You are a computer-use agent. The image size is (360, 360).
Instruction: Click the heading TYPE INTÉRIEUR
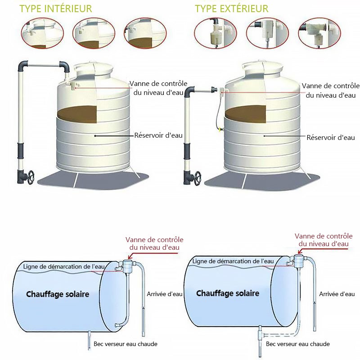tap(56, 9)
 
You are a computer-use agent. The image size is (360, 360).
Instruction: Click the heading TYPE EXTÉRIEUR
tap(231, 9)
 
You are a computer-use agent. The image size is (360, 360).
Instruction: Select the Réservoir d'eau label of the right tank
tap(331, 137)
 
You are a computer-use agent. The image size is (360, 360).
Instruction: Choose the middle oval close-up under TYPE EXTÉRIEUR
tap(267, 33)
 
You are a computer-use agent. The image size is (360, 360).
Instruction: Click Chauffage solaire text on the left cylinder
tap(58, 294)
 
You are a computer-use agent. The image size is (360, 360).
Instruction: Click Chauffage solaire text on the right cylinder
tap(228, 293)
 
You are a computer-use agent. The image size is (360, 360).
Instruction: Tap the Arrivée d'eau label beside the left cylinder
tap(165, 294)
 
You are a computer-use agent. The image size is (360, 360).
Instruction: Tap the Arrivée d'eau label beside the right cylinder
tap(337, 294)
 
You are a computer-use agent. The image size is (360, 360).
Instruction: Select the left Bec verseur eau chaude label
tap(126, 344)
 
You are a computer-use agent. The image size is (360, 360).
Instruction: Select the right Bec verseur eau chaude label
tap(298, 344)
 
